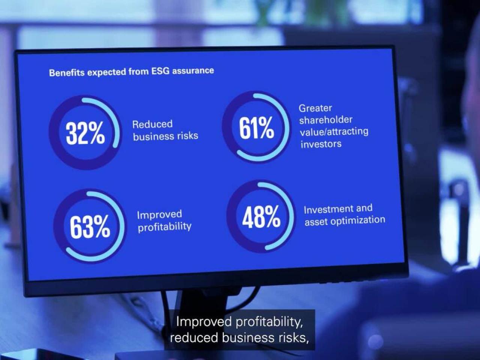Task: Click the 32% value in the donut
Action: click(85, 133)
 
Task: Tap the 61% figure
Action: click(256, 128)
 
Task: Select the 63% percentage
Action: click(90, 226)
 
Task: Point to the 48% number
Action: click(261, 217)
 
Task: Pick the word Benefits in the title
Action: click(67, 73)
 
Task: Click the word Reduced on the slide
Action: click(152, 124)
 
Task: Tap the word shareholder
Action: click(326, 120)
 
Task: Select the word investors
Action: click(321, 144)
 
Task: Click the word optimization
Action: click(358, 221)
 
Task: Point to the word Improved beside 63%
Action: click(159, 214)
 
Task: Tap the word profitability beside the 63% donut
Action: click(165, 227)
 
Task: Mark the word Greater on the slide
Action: click(315, 108)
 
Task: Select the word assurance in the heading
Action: click(193, 71)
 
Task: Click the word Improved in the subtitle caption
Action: click(204, 322)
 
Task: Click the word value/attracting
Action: click(334, 132)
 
